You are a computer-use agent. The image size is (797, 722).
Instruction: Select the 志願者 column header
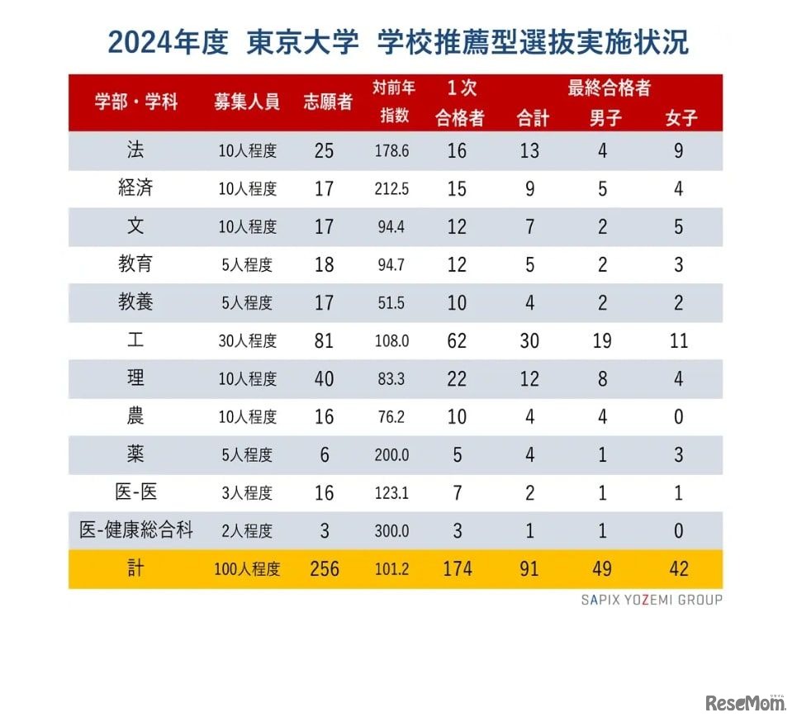328,102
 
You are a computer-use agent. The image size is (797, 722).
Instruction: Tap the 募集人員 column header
247,102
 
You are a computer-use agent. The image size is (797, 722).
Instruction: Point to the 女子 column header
681,118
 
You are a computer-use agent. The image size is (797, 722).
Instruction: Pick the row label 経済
135,188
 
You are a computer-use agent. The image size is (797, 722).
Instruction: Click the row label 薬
135,454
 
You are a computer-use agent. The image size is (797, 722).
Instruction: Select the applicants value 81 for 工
325,340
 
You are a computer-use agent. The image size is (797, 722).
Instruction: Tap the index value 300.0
391,531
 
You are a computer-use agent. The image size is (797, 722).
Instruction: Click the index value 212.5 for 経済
391,189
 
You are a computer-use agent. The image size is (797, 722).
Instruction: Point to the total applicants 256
325,569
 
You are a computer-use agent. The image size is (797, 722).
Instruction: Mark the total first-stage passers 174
457,569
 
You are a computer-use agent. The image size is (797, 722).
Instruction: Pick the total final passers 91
529,569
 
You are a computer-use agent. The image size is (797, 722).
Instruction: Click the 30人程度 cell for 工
248,340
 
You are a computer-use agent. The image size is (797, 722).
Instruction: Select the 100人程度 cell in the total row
248,569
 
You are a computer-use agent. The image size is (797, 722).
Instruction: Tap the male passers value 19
602,340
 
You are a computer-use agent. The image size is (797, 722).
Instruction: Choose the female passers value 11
679,340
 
